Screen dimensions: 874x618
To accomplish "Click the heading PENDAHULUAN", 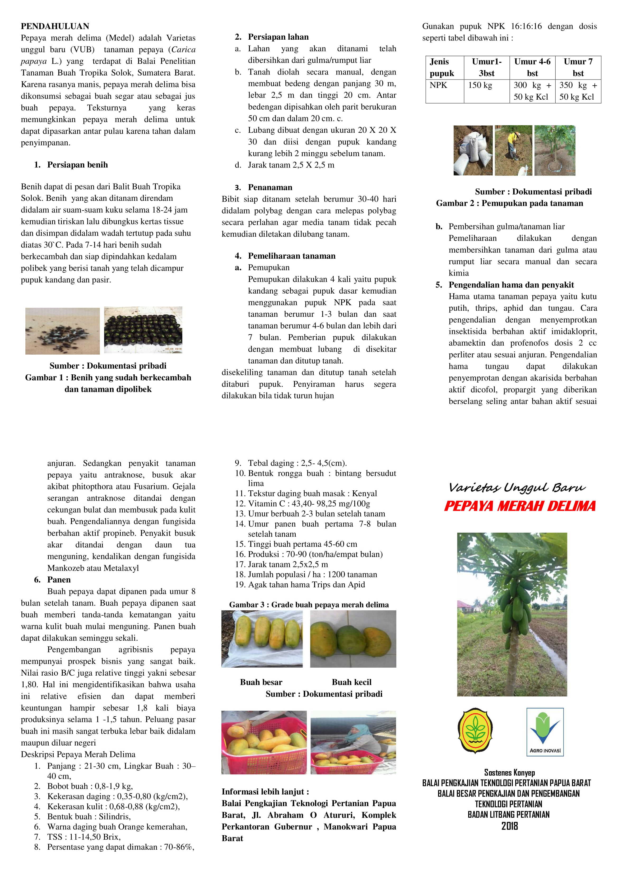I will [55, 26].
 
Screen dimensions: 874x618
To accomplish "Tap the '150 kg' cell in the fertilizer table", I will [480, 85].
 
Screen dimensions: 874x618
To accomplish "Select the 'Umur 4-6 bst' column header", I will [532, 67].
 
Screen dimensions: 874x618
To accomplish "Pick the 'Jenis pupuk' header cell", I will [442, 67].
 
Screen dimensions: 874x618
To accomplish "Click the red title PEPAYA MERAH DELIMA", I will [520, 506].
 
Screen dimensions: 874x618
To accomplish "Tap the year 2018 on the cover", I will [509, 826].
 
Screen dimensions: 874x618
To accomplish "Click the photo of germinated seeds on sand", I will [62, 331].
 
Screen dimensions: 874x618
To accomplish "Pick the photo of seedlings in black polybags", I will [143, 330].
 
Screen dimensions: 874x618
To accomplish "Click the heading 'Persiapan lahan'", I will [278, 37].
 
